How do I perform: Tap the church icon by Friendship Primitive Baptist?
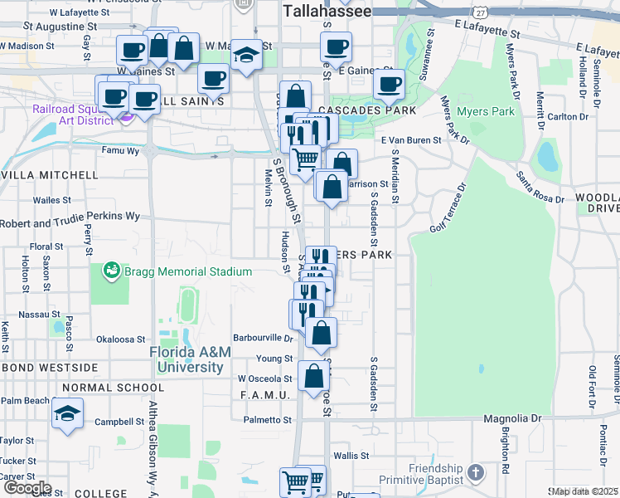click(x=475, y=472)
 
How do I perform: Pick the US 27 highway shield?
click(x=480, y=11)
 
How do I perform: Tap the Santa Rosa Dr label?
click(x=540, y=188)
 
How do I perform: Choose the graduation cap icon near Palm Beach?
click(x=67, y=413)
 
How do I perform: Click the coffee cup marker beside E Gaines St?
click(x=388, y=83)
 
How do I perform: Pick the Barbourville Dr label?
click(x=264, y=339)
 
